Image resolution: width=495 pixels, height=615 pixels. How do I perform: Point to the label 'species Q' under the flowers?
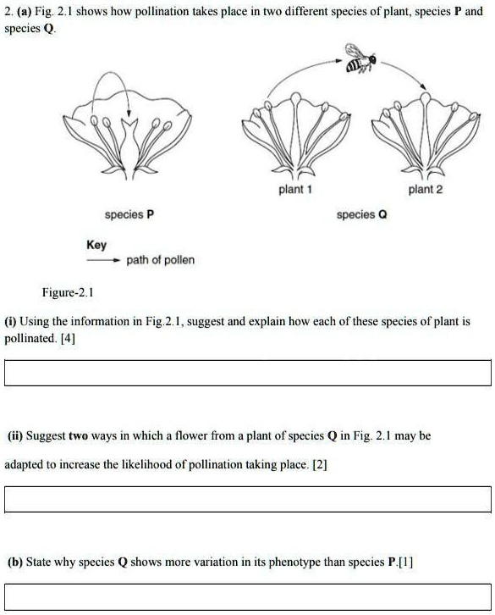(361, 215)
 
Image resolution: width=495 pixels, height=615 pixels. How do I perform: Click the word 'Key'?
(96, 245)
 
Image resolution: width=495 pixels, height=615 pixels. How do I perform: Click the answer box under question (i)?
(247, 373)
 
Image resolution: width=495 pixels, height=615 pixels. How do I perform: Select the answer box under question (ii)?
(247, 500)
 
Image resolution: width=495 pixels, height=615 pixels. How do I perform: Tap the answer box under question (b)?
(247, 597)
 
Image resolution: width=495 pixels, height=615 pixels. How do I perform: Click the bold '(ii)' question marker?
(15, 436)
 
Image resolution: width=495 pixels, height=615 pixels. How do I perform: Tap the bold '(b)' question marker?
(15, 562)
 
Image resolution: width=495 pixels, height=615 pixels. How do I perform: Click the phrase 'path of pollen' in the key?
(160, 260)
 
